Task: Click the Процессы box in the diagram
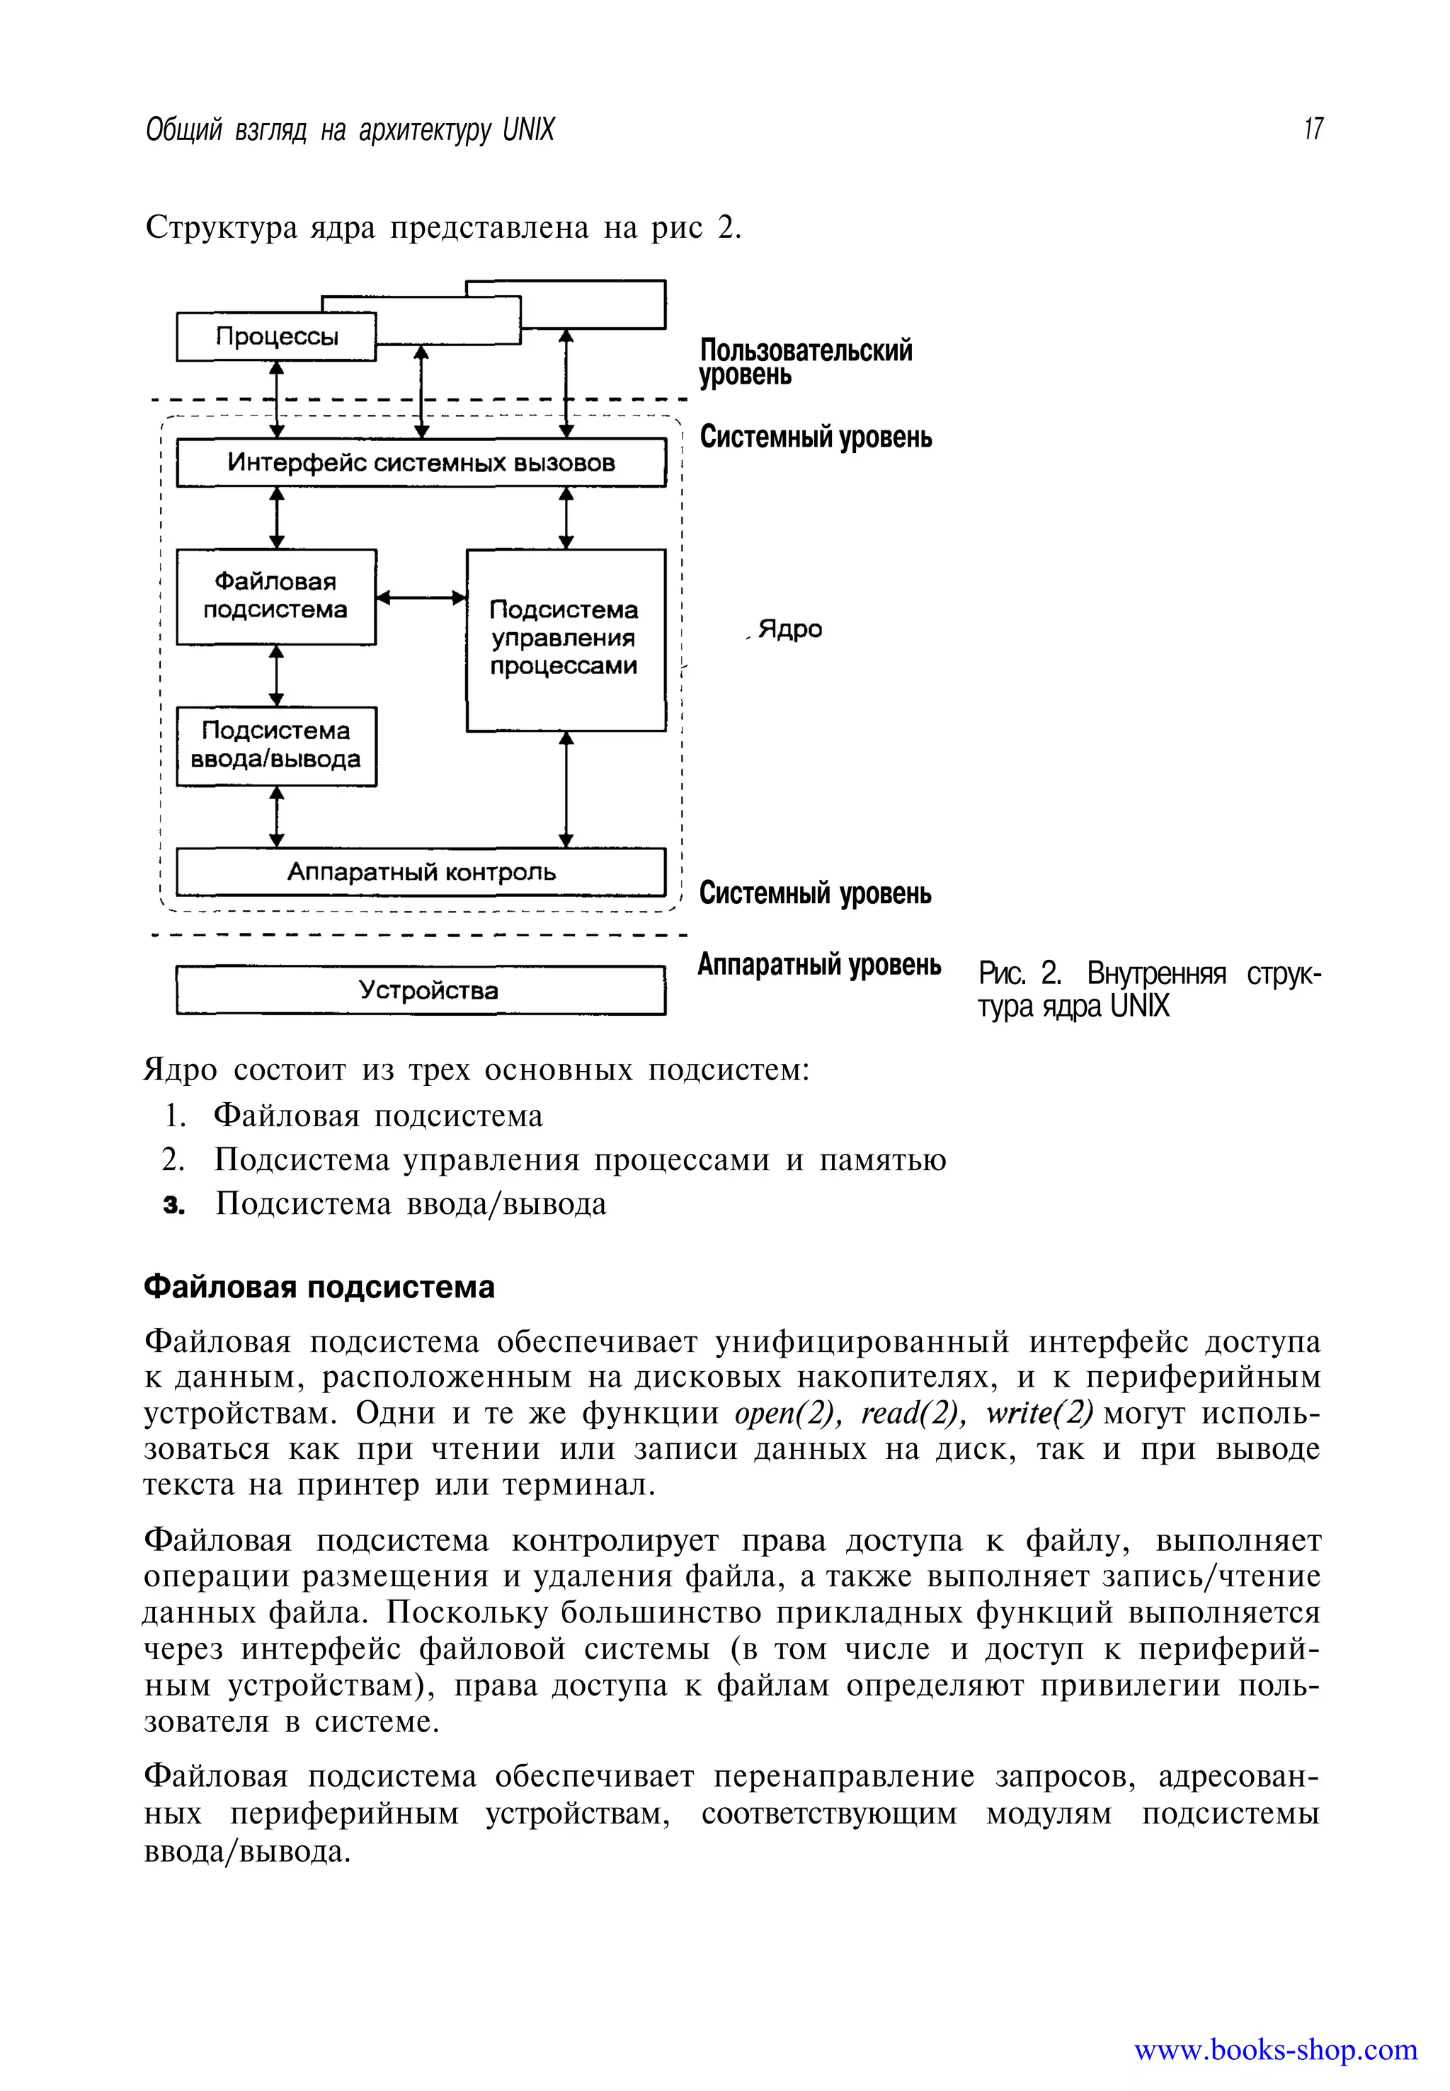coord(276,337)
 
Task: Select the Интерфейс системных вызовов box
coord(421,463)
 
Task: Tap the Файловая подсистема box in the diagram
coord(276,597)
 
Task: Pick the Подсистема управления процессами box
coord(565,638)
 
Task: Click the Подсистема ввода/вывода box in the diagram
coord(276,746)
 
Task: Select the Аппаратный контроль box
coord(421,872)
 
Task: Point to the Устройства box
coord(421,990)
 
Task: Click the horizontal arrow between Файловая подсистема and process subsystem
coord(421,597)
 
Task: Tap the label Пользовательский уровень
coord(805,362)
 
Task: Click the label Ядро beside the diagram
coord(789,629)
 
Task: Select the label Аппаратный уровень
coord(818,965)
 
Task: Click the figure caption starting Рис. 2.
coord(1148,990)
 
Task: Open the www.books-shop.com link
coord(1274,2049)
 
